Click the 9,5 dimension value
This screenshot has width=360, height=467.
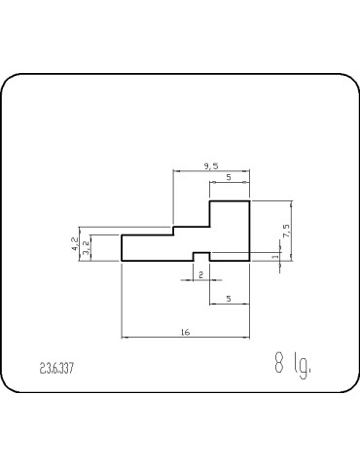211,166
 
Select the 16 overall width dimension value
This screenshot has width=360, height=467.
185,332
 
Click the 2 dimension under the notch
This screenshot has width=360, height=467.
200,275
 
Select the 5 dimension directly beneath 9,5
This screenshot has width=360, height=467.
228,178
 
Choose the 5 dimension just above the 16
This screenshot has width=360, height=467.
228,300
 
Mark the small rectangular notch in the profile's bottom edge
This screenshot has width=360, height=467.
200,257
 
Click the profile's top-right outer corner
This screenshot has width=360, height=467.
250,200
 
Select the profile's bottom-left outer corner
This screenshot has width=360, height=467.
122,261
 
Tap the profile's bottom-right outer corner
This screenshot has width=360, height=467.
250,261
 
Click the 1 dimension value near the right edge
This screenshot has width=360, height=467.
275,257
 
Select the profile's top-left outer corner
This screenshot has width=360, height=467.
122,234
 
